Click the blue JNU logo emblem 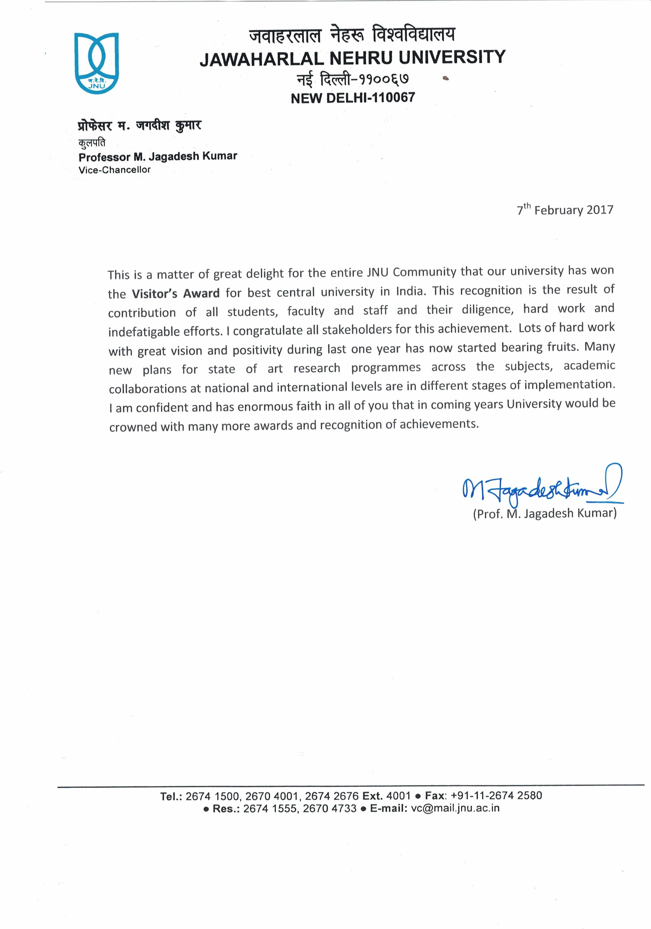click(96, 63)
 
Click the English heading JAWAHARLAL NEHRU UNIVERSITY click(352, 58)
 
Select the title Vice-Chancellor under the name click(115, 170)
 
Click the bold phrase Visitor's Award click(176, 293)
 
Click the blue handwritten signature click(542, 487)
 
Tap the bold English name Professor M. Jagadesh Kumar click(158, 157)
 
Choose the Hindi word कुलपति click(92, 143)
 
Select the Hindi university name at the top click(352, 35)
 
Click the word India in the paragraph click(409, 291)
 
